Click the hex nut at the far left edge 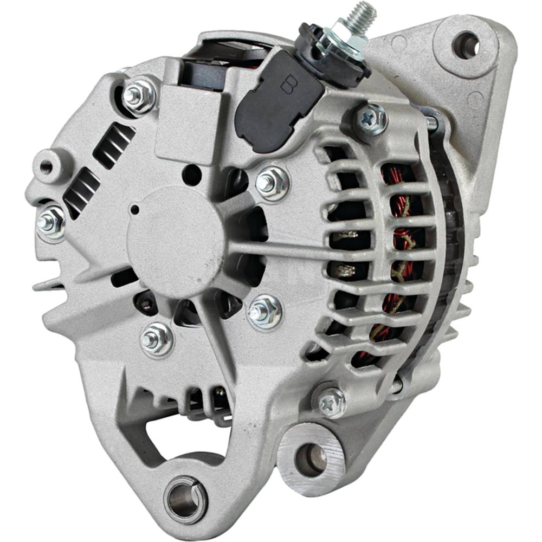click(51, 222)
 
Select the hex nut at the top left click(139, 95)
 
